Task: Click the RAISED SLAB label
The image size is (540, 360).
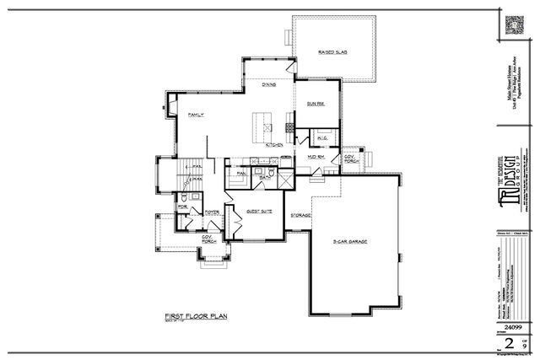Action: tap(334, 52)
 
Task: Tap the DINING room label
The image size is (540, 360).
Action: tap(269, 84)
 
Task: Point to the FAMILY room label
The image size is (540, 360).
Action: tap(197, 115)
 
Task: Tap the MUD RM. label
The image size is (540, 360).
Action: tap(317, 158)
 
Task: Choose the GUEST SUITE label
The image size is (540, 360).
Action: tap(258, 212)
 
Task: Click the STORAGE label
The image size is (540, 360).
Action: tap(301, 216)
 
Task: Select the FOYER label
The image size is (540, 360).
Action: tap(212, 212)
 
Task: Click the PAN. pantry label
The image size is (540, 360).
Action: tap(240, 174)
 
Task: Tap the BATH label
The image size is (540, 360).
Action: tap(265, 178)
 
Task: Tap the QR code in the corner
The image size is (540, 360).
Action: tap(516, 24)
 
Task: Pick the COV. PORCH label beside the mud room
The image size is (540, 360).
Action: tap(349, 159)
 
